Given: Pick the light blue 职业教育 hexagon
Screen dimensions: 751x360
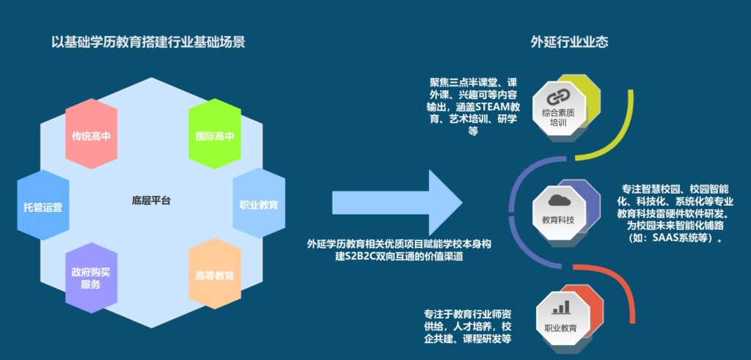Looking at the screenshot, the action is pos(259,203).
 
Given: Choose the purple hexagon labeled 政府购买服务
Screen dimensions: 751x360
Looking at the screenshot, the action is pos(91,278).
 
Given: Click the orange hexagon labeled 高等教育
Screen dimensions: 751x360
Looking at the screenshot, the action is pos(215,274).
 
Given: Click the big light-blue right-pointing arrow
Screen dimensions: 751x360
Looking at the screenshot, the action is pos(397,202).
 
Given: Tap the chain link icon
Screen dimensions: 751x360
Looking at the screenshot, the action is pos(557,98).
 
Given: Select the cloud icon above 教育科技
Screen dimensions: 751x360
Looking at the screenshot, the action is pos(558,200).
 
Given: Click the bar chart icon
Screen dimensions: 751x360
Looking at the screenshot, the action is pos(561,307).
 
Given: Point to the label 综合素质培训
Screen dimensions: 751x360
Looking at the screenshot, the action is pos(557,118).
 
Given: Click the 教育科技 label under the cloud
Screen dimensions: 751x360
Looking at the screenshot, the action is pos(558,221).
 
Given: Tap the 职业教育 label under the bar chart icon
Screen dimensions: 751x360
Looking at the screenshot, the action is pos(560,329).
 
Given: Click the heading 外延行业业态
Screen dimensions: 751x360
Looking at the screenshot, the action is pos(569,42).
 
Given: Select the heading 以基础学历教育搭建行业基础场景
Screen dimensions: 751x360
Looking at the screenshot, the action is pos(148,42).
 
